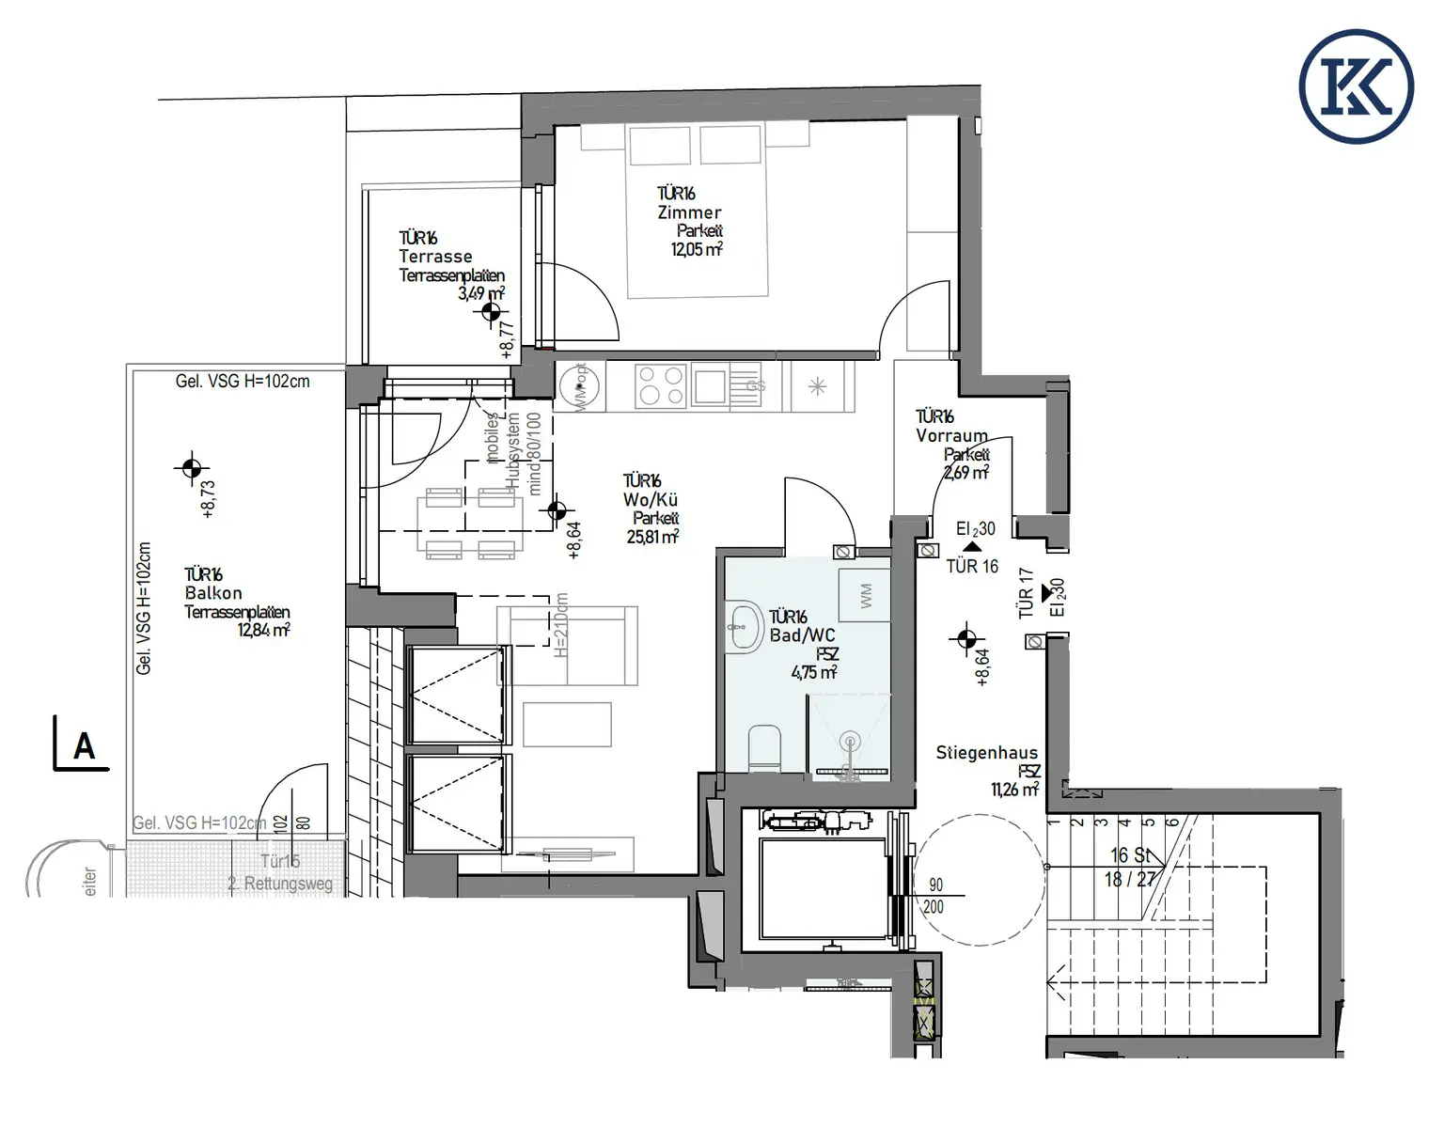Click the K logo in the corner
pos(1356,86)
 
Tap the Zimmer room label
pos(689,212)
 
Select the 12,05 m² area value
pos(696,249)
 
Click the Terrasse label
pos(435,257)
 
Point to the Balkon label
pos(213,593)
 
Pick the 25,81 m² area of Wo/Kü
pos(652,537)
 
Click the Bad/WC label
pos(802,635)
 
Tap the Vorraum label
pos(951,435)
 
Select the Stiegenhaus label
pos(986,752)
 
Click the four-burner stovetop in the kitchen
pos(661,386)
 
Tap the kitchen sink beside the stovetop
pos(710,385)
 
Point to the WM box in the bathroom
pos(865,594)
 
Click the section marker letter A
pos(84,746)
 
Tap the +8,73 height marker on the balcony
pos(208,499)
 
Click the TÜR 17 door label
pos(1026,592)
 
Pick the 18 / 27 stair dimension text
pos(1129,880)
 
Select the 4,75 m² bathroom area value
pos(813,672)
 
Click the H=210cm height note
pos(561,625)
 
